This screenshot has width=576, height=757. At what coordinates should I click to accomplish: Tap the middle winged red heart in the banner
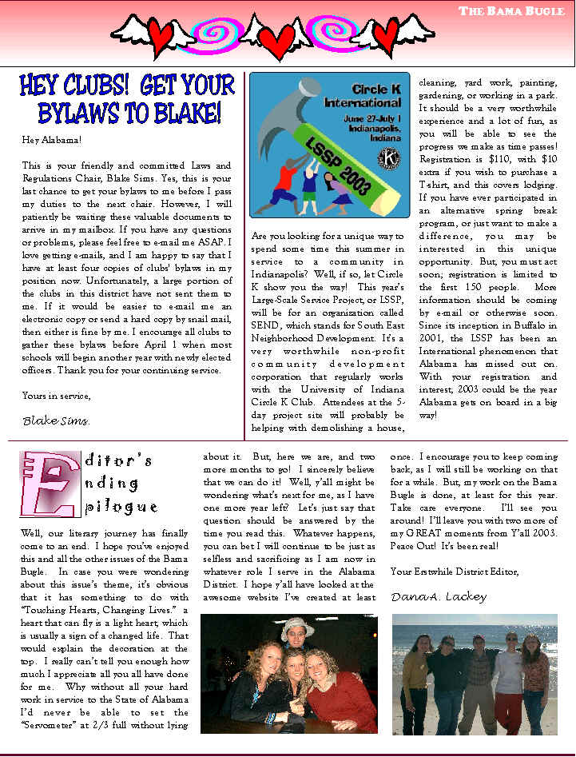tap(279, 38)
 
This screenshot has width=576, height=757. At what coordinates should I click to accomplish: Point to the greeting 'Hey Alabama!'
tap(52, 140)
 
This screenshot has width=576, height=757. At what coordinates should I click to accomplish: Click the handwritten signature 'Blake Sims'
tap(56, 420)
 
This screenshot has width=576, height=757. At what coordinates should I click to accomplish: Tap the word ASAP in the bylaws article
tap(216, 242)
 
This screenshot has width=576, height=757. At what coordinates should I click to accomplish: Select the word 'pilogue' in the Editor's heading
tap(120, 507)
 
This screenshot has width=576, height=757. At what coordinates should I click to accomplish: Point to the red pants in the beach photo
tap(508, 711)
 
